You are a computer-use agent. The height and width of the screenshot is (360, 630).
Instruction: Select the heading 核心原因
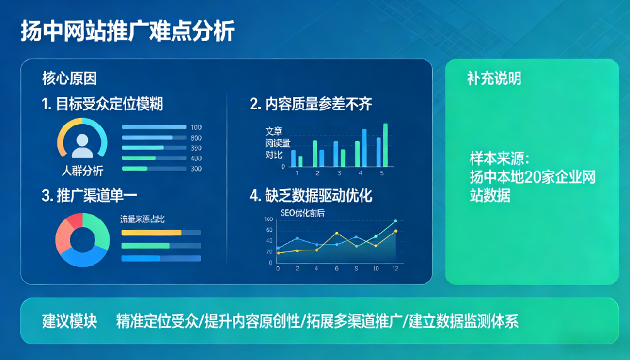click(x=69, y=79)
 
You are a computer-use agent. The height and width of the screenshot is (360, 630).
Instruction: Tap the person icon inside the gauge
click(x=83, y=145)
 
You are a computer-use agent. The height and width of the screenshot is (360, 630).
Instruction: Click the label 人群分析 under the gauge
click(x=83, y=171)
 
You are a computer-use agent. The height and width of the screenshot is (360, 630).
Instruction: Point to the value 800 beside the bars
click(x=196, y=137)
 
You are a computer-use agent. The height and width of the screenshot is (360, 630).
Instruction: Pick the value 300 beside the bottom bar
click(x=196, y=169)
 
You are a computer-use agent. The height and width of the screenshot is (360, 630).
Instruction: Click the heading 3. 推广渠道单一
click(x=89, y=195)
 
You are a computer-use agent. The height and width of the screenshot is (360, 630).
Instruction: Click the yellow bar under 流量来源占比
click(x=151, y=233)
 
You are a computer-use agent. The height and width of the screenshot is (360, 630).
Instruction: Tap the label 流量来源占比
click(x=142, y=219)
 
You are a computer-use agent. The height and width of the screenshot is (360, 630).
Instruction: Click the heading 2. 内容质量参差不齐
click(x=311, y=104)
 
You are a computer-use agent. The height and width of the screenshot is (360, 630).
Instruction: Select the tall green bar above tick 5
click(x=386, y=144)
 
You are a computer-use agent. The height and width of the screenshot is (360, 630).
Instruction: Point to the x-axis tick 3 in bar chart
click(x=338, y=173)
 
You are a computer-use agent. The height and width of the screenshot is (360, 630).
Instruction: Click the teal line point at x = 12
click(x=395, y=221)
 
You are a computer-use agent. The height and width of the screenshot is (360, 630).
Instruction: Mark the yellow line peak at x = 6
click(x=336, y=233)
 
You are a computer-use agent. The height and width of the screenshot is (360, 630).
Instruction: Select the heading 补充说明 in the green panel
click(x=494, y=79)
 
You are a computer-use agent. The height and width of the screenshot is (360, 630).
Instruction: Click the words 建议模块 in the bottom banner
click(x=69, y=321)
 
